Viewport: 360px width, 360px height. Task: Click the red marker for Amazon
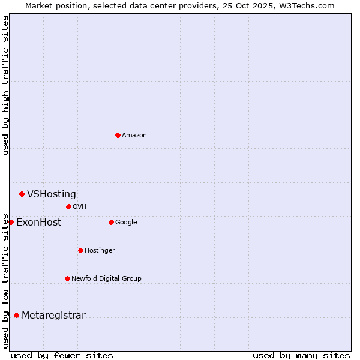click(x=118, y=135)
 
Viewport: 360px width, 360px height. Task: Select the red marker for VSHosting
click(x=22, y=194)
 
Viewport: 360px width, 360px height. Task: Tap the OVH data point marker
click(x=68, y=206)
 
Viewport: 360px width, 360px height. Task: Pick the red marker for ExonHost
click(x=11, y=222)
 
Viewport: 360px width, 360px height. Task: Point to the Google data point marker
click(x=111, y=222)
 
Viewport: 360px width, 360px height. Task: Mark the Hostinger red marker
click(x=80, y=250)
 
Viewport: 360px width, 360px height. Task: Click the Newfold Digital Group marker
click(x=67, y=278)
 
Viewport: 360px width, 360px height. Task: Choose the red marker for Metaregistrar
click(x=16, y=315)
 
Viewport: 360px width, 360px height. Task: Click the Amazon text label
click(x=134, y=136)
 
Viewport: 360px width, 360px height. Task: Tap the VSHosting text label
click(x=52, y=194)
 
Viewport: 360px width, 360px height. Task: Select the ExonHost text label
click(x=38, y=223)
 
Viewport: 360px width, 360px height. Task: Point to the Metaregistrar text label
click(x=53, y=316)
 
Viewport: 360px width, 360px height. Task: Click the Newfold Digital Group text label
click(x=106, y=278)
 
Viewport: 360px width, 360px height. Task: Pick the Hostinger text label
click(x=100, y=250)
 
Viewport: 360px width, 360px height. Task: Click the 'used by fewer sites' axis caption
click(x=62, y=355)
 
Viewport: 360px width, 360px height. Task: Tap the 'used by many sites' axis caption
click(x=301, y=355)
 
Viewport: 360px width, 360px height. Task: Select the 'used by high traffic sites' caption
click(x=6, y=85)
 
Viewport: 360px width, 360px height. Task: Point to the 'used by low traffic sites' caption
click(x=6, y=280)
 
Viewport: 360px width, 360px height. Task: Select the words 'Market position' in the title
click(x=53, y=6)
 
